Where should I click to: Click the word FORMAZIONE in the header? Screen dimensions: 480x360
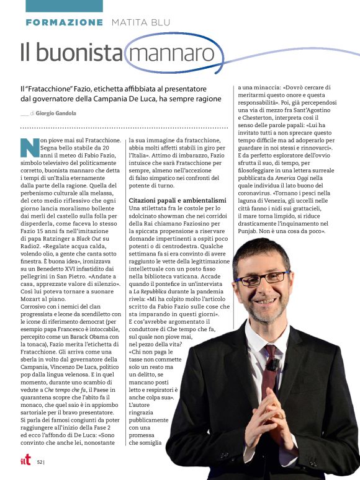point(65,22)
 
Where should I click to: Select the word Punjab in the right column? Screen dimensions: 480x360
point(252,231)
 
